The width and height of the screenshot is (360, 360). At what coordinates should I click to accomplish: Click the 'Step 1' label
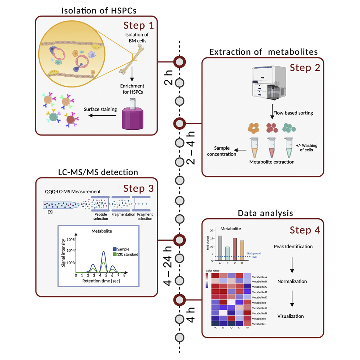coord(138,26)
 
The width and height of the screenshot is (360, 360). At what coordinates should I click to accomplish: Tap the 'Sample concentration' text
coord(224,151)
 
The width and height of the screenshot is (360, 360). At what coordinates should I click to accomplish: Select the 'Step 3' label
coord(138,188)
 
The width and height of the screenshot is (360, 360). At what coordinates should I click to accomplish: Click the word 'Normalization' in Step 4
coord(292,281)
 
